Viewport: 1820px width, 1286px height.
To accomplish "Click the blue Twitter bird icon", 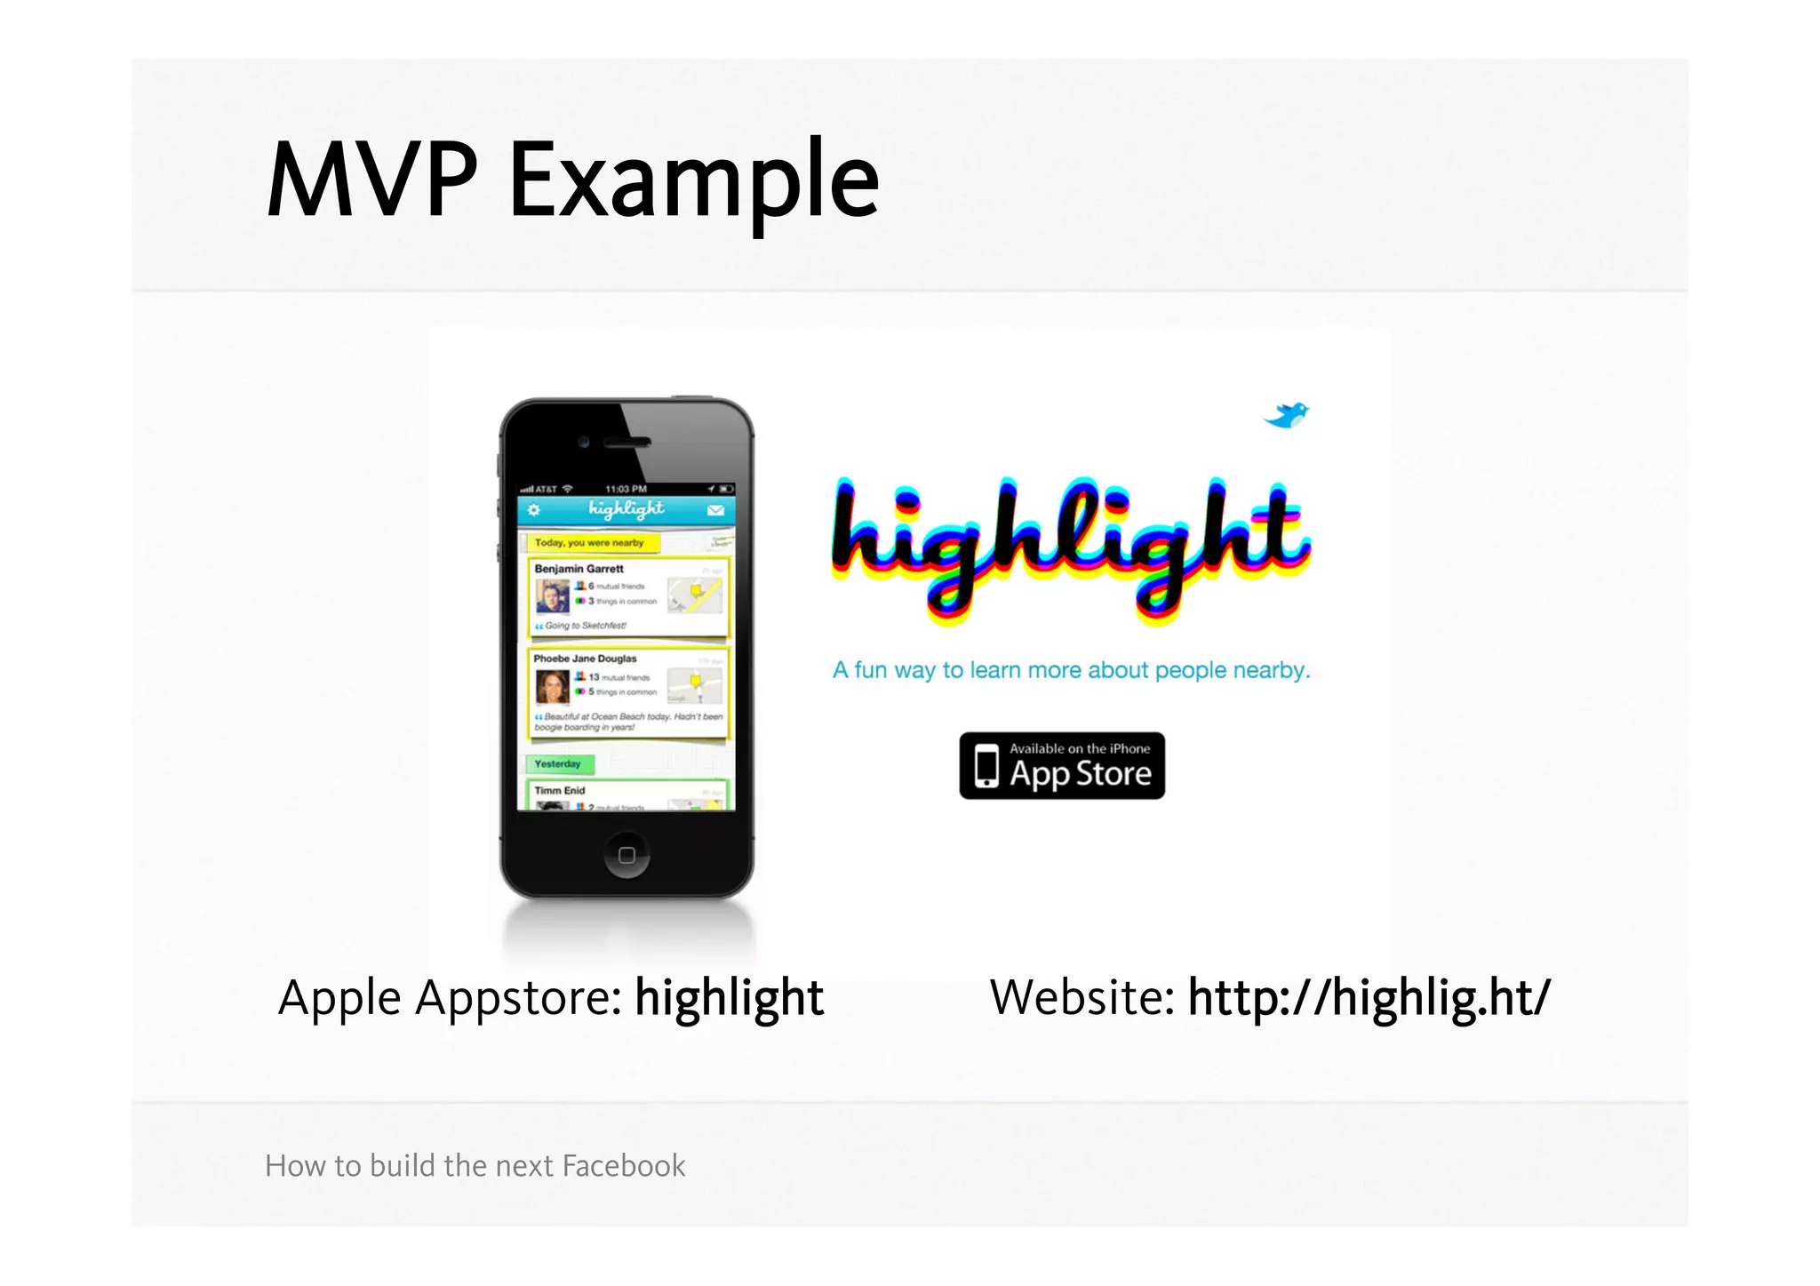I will (x=1287, y=414).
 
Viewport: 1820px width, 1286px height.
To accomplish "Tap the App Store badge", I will (x=1062, y=766).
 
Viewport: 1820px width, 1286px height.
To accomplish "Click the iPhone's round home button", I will (x=627, y=855).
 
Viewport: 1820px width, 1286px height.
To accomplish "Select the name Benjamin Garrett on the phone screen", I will (x=579, y=569).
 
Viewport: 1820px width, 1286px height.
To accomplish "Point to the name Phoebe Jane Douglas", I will (x=585, y=659).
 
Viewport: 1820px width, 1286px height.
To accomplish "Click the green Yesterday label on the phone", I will (x=558, y=763).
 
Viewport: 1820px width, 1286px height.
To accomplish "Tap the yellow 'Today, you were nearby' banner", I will (x=589, y=542).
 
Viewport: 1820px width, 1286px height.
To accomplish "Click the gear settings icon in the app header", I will (x=533, y=510).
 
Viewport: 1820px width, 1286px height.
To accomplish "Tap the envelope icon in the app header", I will (x=715, y=510).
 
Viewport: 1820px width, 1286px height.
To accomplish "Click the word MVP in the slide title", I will (x=372, y=180).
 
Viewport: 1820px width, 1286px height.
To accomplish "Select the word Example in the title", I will (x=693, y=182).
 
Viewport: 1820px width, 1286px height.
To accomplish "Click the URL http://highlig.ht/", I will (x=1369, y=997).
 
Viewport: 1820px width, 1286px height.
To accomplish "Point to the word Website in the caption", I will (x=1082, y=997).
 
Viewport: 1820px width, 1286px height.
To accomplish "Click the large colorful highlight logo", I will (x=1070, y=547).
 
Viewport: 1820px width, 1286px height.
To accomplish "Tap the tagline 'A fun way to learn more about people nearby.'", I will (x=1071, y=670).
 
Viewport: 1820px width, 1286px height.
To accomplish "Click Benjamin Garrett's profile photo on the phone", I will (x=552, y=596).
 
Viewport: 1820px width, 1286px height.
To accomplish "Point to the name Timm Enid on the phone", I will (x=560, y=790).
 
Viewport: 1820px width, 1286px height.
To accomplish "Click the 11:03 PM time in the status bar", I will (x=626, y=489).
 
